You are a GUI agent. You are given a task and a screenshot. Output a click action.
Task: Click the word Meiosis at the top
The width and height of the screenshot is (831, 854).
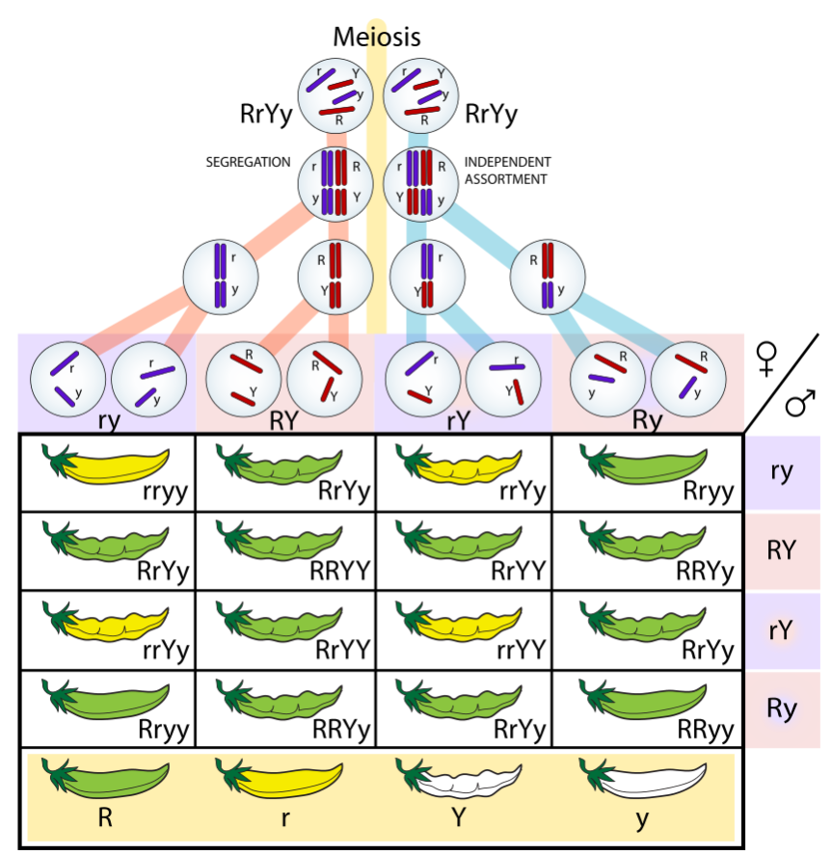pos(377,38)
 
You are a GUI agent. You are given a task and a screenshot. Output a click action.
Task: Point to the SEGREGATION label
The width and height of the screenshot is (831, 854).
pos(248,162)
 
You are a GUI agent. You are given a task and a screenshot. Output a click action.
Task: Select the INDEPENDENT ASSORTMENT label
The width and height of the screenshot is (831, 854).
pos(507,170)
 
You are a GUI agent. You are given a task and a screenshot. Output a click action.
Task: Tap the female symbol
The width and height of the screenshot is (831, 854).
pos(768,359)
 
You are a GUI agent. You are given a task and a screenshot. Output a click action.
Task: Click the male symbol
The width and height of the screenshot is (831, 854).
pos(799,404)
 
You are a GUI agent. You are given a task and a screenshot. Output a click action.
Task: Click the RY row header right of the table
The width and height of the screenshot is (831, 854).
pos(781,551)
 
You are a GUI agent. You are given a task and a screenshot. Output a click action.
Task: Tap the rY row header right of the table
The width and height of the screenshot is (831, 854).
pos(781,630)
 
